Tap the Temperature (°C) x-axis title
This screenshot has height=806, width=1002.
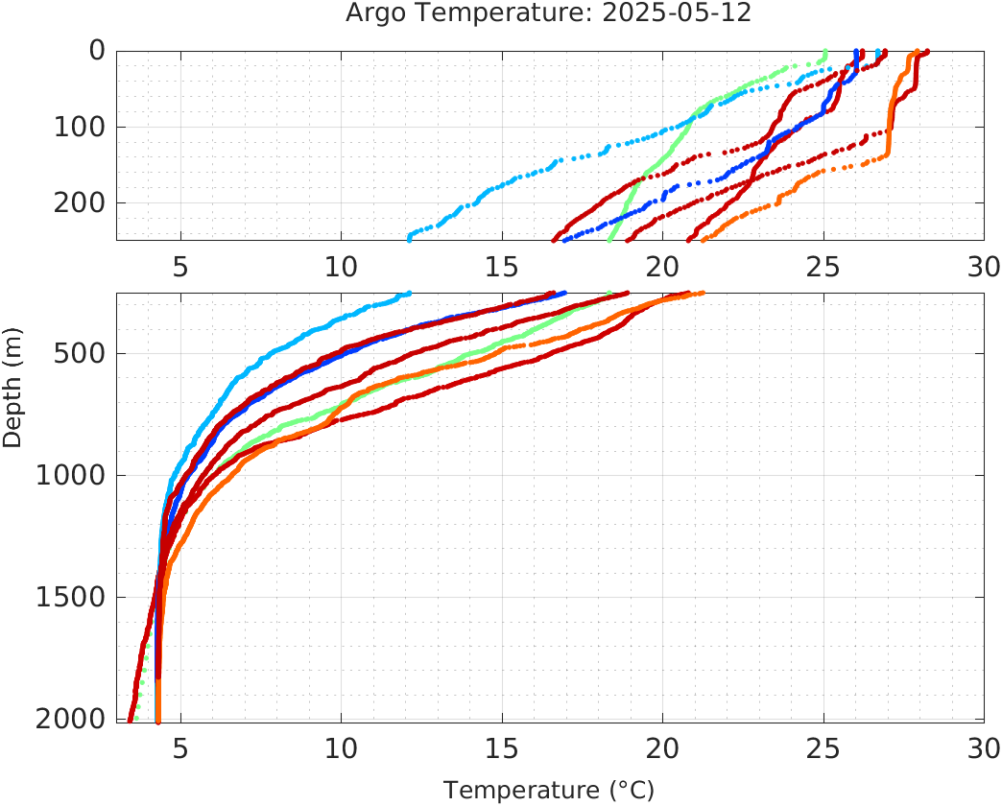tap(548, 791)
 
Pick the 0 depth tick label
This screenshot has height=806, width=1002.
tap(97, 50)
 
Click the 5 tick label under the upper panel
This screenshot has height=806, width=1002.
tap(180, 266)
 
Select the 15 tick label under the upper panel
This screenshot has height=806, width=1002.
tap(502, 266)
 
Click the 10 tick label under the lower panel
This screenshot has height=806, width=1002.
tap(341, 747)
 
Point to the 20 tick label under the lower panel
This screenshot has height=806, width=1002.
tap(662, 747)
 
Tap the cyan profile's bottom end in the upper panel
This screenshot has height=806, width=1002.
tap(410, 238)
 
